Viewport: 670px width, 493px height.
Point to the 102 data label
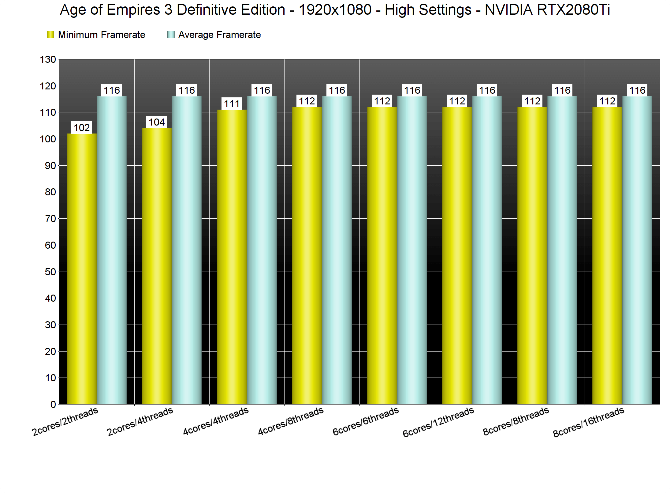82,127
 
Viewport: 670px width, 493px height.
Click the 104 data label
157,122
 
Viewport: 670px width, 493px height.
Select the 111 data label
232,104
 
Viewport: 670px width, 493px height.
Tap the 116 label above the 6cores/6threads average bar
412,90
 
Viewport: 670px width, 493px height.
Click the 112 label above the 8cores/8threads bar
532,101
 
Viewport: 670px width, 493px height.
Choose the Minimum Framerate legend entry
96,35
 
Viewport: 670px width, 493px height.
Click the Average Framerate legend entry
214,35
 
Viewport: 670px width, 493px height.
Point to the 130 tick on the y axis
48,59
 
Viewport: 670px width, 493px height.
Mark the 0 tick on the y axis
53,405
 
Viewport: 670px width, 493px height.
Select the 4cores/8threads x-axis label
291,421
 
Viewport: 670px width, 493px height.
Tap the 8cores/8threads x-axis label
516,421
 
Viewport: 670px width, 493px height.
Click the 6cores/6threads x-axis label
366,421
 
